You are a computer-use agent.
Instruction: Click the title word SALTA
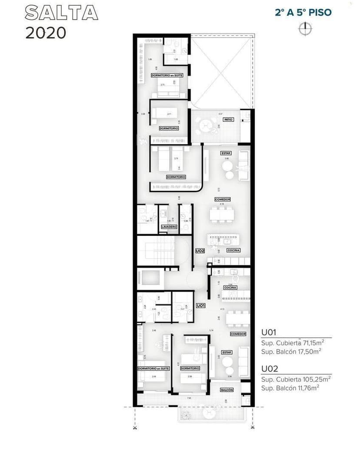tap(61, 13)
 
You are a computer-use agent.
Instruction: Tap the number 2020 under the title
tap(46, 33)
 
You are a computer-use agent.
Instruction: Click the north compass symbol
tap(305, 28)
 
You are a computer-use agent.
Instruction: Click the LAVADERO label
tap(169, 227)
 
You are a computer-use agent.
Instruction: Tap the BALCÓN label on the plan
tap(227, 390)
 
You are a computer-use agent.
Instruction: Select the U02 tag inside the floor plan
tap(200, 251)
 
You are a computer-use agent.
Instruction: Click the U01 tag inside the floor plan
tap(200, 306)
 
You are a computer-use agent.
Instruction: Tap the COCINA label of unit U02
tap(233, 250)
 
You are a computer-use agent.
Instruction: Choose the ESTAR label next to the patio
tap(226, 153)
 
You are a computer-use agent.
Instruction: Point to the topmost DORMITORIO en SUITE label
tap(167, 75)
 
